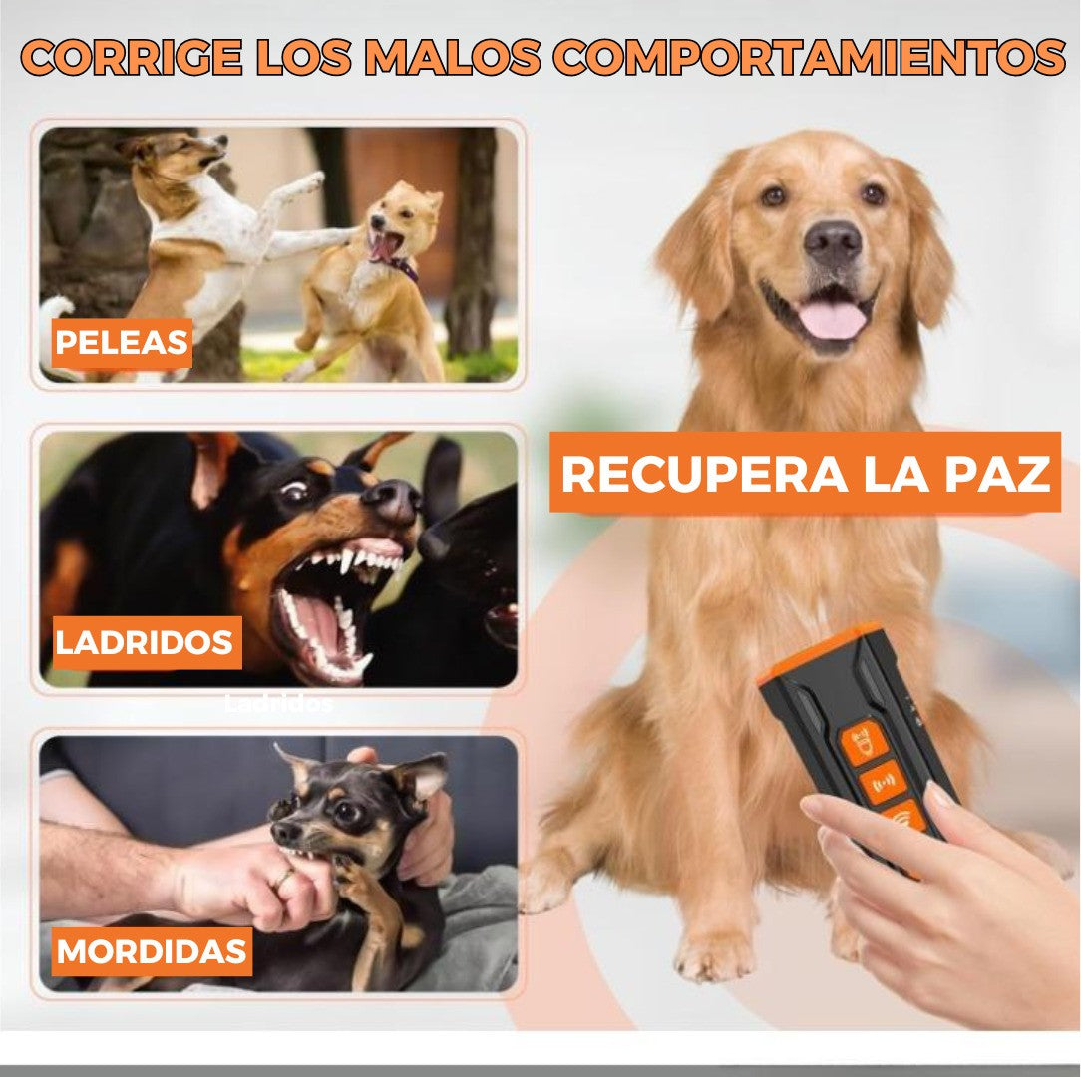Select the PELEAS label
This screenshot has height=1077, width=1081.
pos(122,343)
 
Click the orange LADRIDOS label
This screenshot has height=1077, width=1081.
pos(144,643)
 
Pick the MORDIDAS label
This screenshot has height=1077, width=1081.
pos(152,951)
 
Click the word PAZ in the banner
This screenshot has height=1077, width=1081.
pos(989,475)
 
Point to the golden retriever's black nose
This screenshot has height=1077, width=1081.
pos(833,240)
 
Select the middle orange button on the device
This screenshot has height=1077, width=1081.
pos(884,783)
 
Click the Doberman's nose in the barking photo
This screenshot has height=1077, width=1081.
pos(396,499)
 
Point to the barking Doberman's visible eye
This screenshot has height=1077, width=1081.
pos(293,491)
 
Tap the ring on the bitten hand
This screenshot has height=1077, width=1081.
pos(285,877)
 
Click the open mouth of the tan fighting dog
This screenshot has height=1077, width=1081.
pos(385,245)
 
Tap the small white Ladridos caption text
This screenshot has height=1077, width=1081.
pos(278,703)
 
